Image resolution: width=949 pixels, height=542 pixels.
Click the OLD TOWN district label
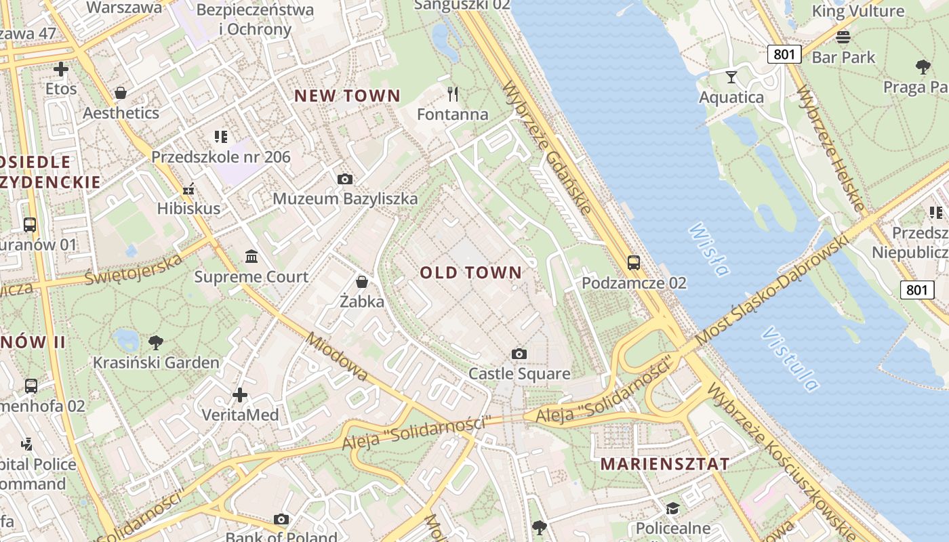tap(471, 273)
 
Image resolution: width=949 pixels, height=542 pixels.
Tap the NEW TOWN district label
tap(347, 96)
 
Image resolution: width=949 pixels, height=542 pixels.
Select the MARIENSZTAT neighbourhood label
tap(665, 464)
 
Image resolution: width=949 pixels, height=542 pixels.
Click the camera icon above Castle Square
tap(519, 354)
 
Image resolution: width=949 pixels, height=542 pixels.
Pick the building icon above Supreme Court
tap(251, 257)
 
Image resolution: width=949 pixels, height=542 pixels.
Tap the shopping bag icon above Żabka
tap(362, 281)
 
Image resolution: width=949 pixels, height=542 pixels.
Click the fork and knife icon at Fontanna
tap(453, 93)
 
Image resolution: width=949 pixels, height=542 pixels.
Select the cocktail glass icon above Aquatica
tap(731, 77)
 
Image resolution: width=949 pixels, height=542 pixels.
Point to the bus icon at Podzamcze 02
tap(634, 262)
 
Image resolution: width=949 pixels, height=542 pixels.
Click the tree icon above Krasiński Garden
tap(156, 342)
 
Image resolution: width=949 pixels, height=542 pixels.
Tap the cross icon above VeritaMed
tap(240, 394)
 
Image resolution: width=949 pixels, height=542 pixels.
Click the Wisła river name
tap(709, 249)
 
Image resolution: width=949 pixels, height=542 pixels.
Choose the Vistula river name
tap(790, 359)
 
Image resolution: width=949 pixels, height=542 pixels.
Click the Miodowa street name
tap(337, 356)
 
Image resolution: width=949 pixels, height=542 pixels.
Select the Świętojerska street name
tap(134, 270)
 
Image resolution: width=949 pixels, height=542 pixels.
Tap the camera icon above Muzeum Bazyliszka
tap(345, 179)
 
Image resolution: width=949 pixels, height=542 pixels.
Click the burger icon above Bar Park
tap(843, 37)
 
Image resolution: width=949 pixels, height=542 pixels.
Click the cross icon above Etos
tap(61, 68)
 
